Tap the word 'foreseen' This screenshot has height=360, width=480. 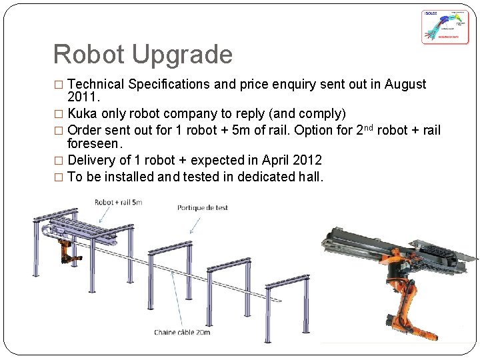(95, 143)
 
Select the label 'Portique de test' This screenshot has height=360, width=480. (203, 208)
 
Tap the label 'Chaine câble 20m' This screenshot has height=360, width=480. (183, 331)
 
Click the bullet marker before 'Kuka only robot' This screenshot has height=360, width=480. (61, 114)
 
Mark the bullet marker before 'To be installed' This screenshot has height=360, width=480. (61, 177)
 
